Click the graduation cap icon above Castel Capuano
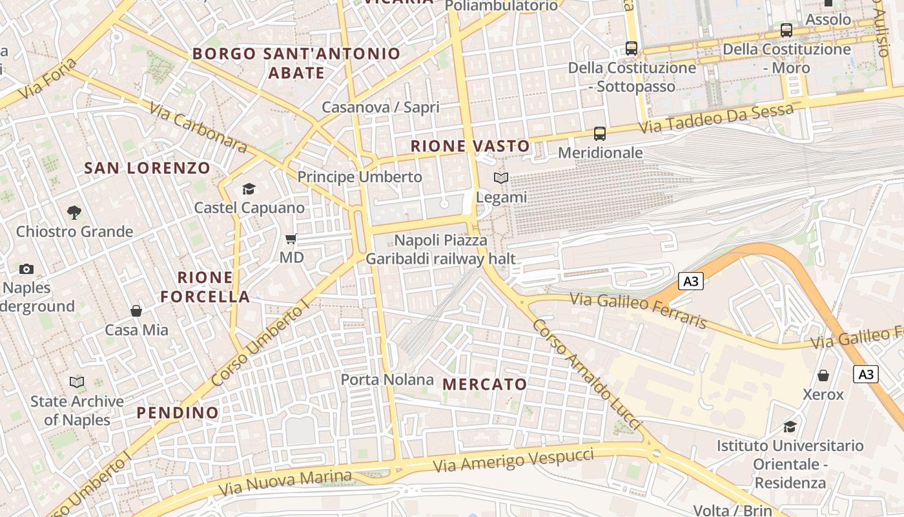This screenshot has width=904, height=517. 249,189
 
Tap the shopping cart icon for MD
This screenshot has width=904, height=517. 291,238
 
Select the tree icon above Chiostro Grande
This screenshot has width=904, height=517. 74,212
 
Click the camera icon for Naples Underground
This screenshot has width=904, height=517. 26,269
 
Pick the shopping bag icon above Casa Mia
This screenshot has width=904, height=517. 136,311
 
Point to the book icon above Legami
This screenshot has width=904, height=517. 501,178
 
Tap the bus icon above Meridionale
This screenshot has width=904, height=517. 600,134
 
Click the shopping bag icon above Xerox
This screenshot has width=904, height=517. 823,375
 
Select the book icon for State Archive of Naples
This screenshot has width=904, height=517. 77,382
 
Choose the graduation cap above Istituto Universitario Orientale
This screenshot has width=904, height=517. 790,427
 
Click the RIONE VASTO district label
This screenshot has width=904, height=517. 470,146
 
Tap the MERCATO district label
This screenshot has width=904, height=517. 485,384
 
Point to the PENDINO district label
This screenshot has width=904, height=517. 178,412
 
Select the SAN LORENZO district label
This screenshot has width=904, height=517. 147,168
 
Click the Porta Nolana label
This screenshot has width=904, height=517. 387,379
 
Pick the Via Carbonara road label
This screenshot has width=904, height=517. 198,127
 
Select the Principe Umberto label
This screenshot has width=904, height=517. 360,176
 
